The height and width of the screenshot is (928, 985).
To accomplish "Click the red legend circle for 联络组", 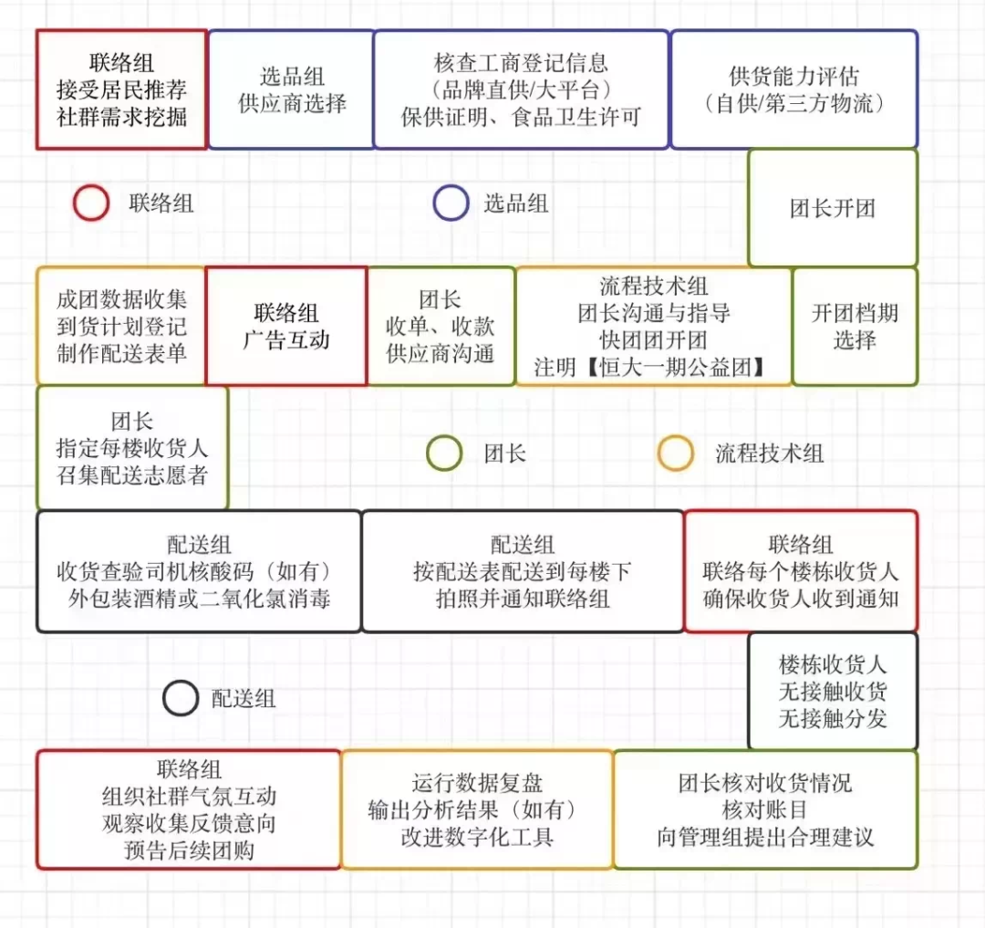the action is (x=75, y=203).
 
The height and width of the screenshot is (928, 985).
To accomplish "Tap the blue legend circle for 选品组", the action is (x=435, y=203).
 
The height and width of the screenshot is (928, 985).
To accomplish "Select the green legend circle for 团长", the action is (x=428, y=453).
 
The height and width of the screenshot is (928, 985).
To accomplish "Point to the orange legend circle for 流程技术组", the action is (x=659, y=453).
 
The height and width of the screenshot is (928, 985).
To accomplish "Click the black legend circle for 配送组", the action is (x=164, y=698).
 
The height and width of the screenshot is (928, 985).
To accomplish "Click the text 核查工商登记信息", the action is (x=522, y=63).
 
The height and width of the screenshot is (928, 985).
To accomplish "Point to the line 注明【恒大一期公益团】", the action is (x=650, y=367).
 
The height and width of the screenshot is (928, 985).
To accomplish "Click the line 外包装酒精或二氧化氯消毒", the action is (x=200, y=599).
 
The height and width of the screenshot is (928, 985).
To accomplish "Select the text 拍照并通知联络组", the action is (x=523, y=599).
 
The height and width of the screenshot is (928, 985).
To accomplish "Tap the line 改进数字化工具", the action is (x=477, y=837).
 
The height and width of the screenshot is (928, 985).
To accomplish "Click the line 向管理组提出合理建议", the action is (x=765, y=837).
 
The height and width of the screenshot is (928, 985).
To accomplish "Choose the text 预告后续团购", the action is (x=189, y=850).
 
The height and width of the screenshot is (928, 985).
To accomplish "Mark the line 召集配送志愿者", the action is (x=132, y=474).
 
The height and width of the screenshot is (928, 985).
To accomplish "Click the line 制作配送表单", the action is (x=121, y=353).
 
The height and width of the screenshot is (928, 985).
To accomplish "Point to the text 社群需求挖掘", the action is (x=121, y=116).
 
